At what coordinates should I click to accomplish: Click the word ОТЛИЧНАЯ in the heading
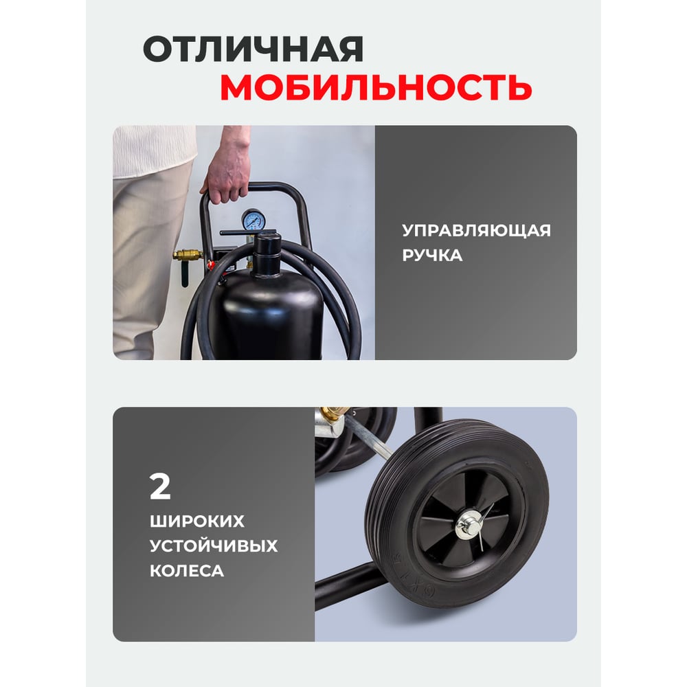tap(254, 49)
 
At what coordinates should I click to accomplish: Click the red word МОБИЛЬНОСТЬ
tap(376, 87)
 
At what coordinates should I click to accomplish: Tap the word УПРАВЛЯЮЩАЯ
tap(476, 230)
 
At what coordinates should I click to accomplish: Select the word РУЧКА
tap(432, 255)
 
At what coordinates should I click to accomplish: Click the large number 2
tap(160, 486)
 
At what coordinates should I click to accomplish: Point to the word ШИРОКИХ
tap(196, 521)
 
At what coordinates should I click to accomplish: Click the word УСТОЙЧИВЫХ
tap(214, 546)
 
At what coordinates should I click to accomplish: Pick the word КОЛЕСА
tap(187, 571)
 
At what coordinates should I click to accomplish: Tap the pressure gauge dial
tap(252, 221)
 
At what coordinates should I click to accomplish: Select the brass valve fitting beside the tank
tap(188, 255)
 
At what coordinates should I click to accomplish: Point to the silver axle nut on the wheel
tap(468, 524)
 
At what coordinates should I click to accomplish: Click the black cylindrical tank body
tap(271, 315)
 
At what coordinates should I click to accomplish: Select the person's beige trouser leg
tap(151, 263)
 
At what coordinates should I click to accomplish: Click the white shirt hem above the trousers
tap(154, 151)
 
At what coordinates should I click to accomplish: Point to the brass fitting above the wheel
tap(334, 414)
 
